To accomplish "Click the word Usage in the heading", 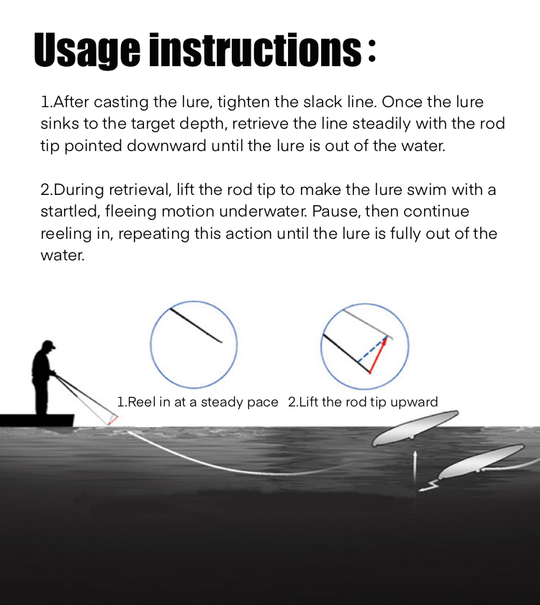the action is pos(87,50).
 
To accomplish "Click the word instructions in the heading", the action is pos(256,50).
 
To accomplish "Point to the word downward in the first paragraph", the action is pos(166,146).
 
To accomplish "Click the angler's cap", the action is pos(49,344).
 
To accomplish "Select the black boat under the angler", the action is pos(37,421).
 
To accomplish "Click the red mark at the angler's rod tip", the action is pos(113,421).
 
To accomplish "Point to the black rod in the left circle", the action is pos(196,325).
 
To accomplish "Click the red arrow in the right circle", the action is pos(378,355).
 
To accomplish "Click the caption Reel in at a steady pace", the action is pos(197,402).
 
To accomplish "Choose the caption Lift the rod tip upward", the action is pos(363,402).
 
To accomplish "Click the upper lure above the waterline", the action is pos(415,428).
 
